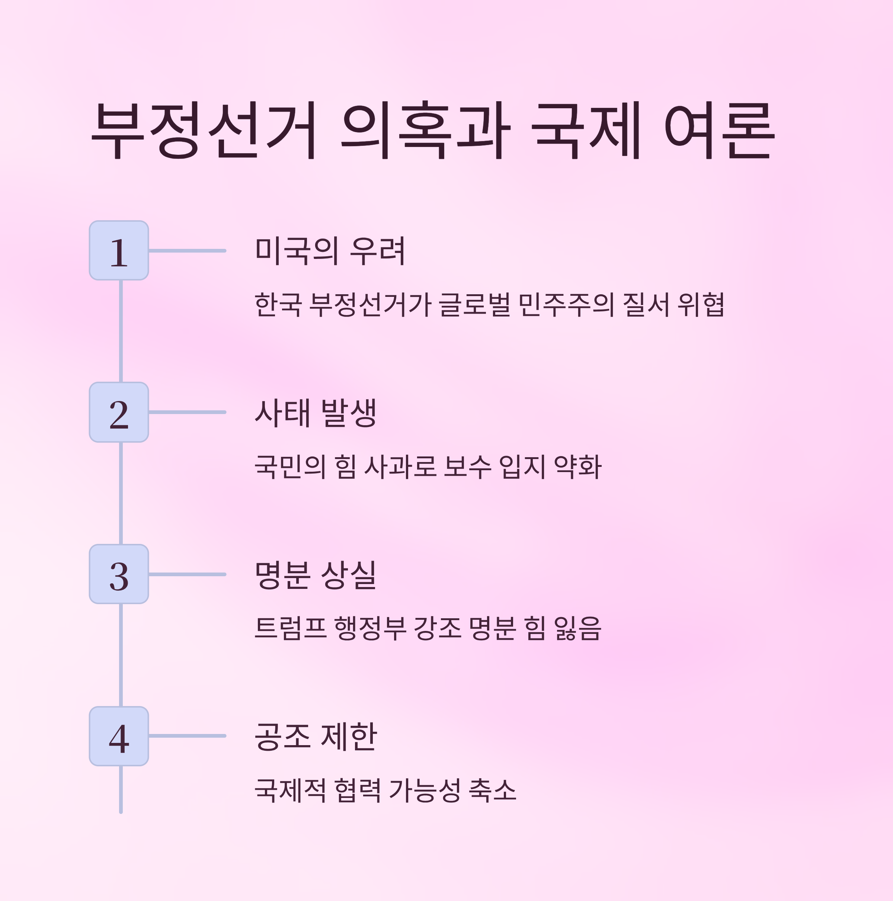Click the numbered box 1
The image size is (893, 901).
[x=119, y=251]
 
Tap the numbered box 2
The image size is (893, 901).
[x=119, y=412]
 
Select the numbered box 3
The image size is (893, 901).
[x=119, y=574]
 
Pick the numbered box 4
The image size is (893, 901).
[x=119, y=736]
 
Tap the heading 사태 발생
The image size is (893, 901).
[x=316, y=413]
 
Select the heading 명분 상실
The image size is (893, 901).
[x=316, y=574]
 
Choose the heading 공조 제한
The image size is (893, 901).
[x=316, y=736]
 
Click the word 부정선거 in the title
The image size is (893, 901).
[x=204, y=130]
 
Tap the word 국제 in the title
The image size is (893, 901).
[x=586, y=130]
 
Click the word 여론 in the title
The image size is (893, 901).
[x=719, y=130]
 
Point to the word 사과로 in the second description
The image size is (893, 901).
[x=400, y=467]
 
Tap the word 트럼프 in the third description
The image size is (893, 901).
[x=290, y=629]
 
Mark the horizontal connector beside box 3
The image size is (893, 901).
[x=187, y=574]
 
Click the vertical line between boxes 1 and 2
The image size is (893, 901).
[x=121, y=331]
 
